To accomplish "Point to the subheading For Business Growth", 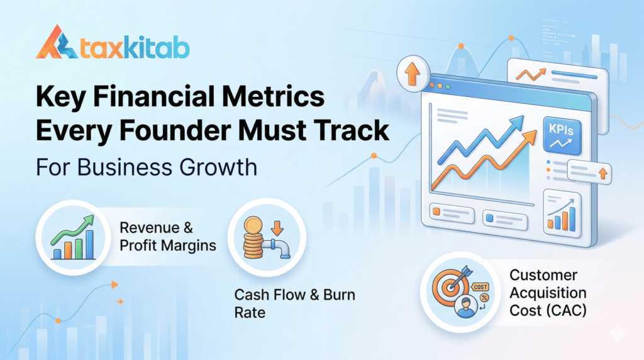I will [x=146, y=168].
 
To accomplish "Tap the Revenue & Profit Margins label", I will [x=167, y=236].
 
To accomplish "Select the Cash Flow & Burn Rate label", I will [x=294, y=303].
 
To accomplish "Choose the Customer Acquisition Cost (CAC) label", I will [x=547, y=293].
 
